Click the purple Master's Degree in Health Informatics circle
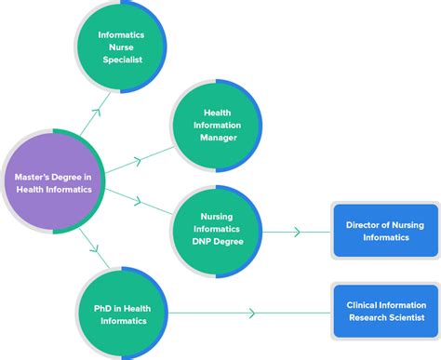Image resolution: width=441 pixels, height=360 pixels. point(54,182)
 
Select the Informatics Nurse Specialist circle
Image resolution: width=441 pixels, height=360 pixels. point(121,47)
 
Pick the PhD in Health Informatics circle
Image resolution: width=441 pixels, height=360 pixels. point(121,313)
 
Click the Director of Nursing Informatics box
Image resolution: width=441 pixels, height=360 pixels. point(384,231)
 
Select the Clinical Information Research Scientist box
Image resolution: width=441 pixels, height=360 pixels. point(384,312)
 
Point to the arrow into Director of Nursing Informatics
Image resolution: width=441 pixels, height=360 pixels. point(297,231)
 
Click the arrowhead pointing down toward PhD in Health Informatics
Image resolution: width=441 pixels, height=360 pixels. point(96,249)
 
